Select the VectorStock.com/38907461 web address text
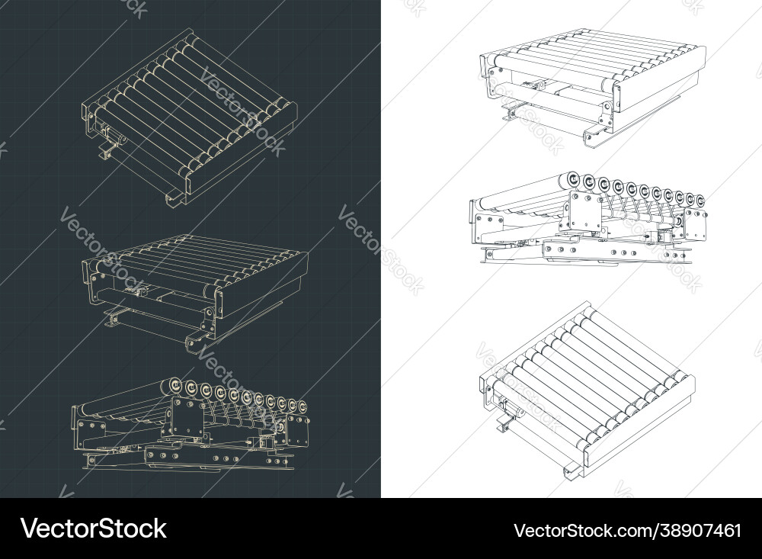(627, 529)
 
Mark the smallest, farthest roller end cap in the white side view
(700, 201)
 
